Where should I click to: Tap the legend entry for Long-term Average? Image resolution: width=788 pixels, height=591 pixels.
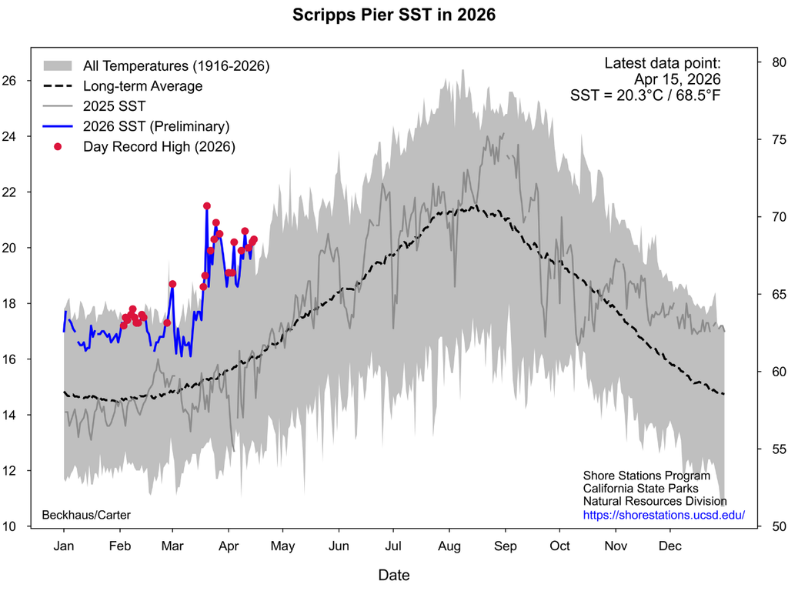pos(142,86)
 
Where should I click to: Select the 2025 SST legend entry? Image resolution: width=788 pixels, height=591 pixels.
pos(114,106)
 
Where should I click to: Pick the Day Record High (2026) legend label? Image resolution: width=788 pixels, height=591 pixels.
pos(159,146)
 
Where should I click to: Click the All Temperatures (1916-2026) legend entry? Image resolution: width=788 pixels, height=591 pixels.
pos(175,66)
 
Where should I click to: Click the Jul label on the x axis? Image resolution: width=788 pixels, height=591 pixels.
pos(393,546)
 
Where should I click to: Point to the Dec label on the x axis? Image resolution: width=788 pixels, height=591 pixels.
pos(670,546)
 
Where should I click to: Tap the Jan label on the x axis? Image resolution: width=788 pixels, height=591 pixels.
pos(63,546)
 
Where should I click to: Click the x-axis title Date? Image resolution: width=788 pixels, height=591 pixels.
pos(393,575)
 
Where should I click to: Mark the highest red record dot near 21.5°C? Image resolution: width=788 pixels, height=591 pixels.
pos(207,206)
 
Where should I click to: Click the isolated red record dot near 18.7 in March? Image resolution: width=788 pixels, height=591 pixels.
pos(172,284)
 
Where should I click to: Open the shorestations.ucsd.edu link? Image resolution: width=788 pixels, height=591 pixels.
pos(663,515)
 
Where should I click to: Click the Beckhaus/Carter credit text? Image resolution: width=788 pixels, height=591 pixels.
pos(86,514)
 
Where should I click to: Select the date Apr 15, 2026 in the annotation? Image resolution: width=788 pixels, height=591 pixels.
pos(677,79)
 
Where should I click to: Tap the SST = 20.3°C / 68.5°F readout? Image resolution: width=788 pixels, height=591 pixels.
pos(645,95)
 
